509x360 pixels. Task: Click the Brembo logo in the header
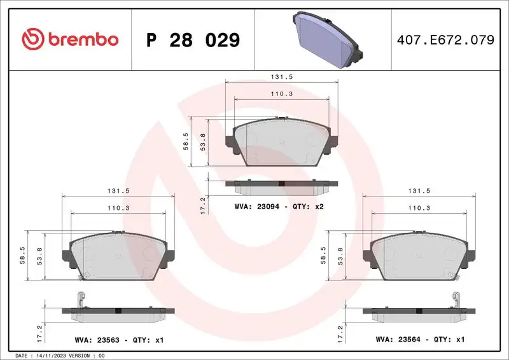point(70,39)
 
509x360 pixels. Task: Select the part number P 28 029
point(193,40)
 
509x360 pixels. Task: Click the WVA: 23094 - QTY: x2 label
point(279,207)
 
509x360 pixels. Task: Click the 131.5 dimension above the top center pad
point(281,76)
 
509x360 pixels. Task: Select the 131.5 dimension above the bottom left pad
point(118,190)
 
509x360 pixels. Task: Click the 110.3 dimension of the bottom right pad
point(419,208)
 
